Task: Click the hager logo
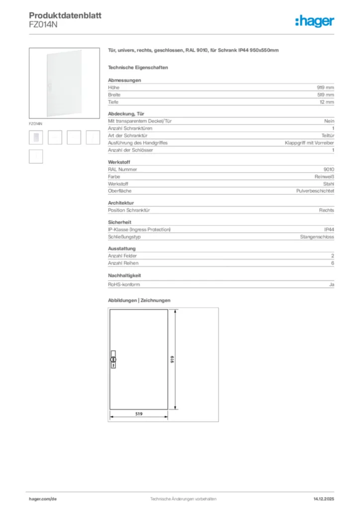315,21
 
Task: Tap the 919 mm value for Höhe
326,87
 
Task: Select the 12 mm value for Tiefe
327,102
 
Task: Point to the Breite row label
114,94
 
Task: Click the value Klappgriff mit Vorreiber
309,143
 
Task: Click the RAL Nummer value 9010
329,169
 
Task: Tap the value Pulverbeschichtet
315,190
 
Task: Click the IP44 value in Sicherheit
329,229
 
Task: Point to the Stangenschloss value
317,237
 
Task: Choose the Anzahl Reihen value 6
333,263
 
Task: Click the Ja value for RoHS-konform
331,284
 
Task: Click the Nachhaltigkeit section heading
125,275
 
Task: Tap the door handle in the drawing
112,359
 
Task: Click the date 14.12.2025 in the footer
324,499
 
